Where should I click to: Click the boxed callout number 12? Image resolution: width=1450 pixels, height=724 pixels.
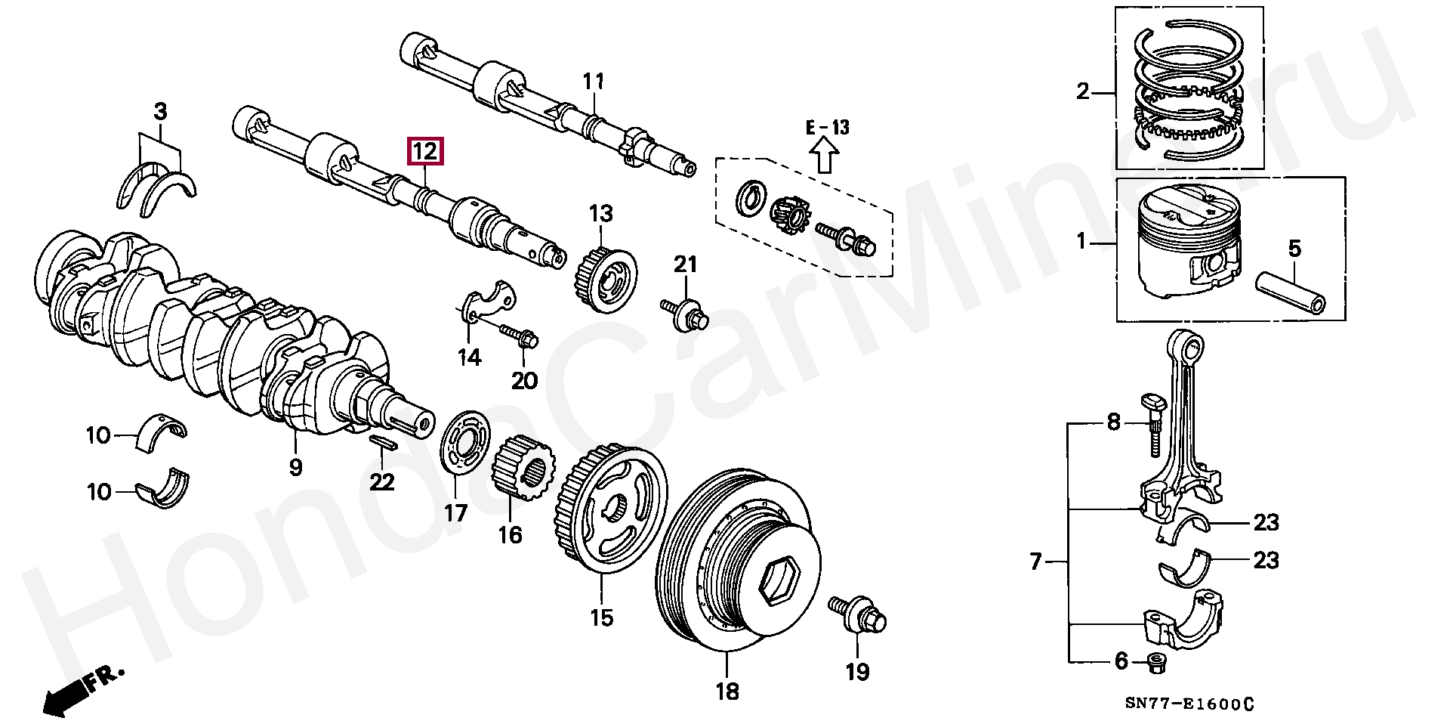(x=425, y=152)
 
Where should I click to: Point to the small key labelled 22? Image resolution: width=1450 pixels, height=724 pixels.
(x=383, y=443)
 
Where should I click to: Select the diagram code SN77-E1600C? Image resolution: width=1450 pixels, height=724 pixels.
(x=1189, y=704)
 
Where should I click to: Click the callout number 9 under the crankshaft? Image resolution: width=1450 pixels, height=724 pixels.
(x=295, y=467)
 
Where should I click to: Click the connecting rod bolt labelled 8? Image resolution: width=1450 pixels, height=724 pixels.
(x=1155, y=427)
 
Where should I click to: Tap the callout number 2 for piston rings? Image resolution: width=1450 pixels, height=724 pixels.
(x=1083, y=92)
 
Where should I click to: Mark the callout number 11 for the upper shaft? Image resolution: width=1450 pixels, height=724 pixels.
(x=594, y=81)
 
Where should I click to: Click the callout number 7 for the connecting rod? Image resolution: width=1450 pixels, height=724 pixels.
(x=1036, y=562)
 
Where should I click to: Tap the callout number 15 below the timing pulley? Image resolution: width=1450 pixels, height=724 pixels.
(x=601, y=618)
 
